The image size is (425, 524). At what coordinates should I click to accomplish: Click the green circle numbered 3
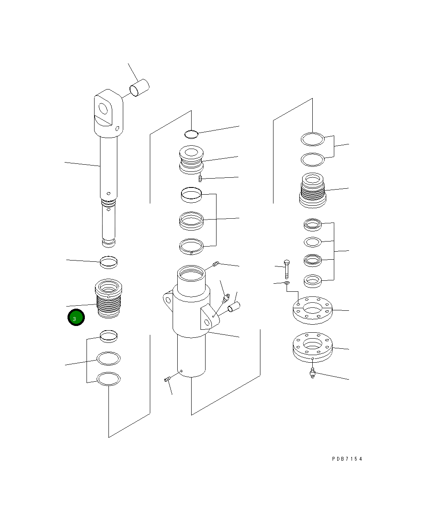pos(76,318)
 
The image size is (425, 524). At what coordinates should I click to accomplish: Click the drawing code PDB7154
pos(347,459)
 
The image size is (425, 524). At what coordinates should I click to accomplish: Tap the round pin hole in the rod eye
pos(103,109)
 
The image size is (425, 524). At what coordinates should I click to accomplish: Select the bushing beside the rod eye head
pos(139,87)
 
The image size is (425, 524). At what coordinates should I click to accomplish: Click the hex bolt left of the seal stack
pos(287,269)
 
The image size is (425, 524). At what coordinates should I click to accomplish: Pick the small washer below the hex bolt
pos(287,283)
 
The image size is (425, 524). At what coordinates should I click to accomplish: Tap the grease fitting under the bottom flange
pos(312,373)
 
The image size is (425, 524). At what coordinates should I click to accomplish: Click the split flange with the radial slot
pos(312,310)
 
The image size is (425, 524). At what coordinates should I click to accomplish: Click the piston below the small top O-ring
pos(191,160)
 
